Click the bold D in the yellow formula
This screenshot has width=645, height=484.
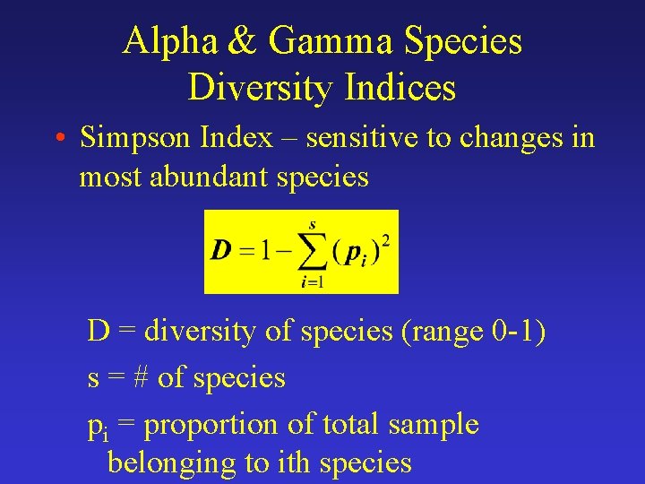coord(220,250)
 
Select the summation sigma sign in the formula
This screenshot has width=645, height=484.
coord(312,251)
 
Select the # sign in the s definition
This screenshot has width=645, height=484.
coord(140,378)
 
